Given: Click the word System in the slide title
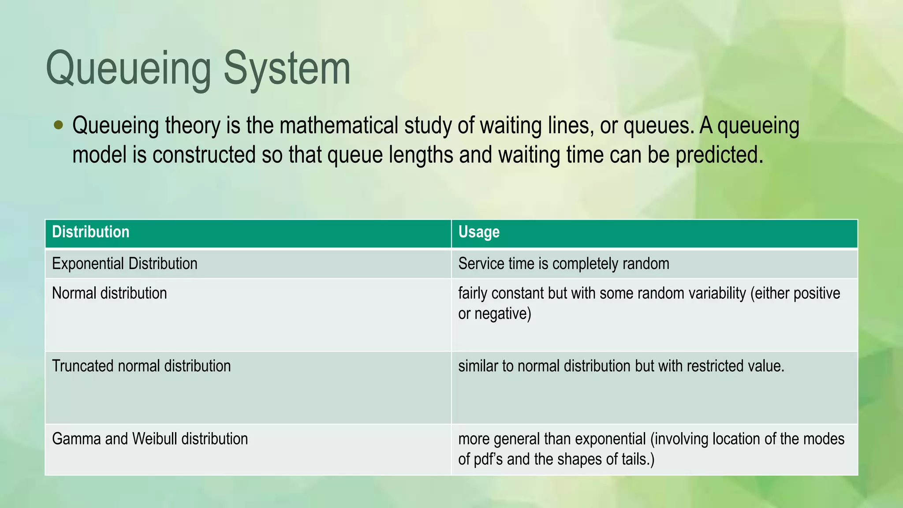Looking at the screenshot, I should [287, 68].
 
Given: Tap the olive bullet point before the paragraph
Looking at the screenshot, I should [58, 125].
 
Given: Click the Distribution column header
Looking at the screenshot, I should [91, 232].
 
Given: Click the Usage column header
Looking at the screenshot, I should [479, 232].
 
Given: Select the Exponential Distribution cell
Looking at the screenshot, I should [125, 264].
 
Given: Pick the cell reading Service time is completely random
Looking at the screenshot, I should [563, 264].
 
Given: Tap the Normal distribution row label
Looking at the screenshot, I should [109, 293].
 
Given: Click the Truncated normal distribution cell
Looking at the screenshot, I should [141, 366].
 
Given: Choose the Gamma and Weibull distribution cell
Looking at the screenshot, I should [150, 439].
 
